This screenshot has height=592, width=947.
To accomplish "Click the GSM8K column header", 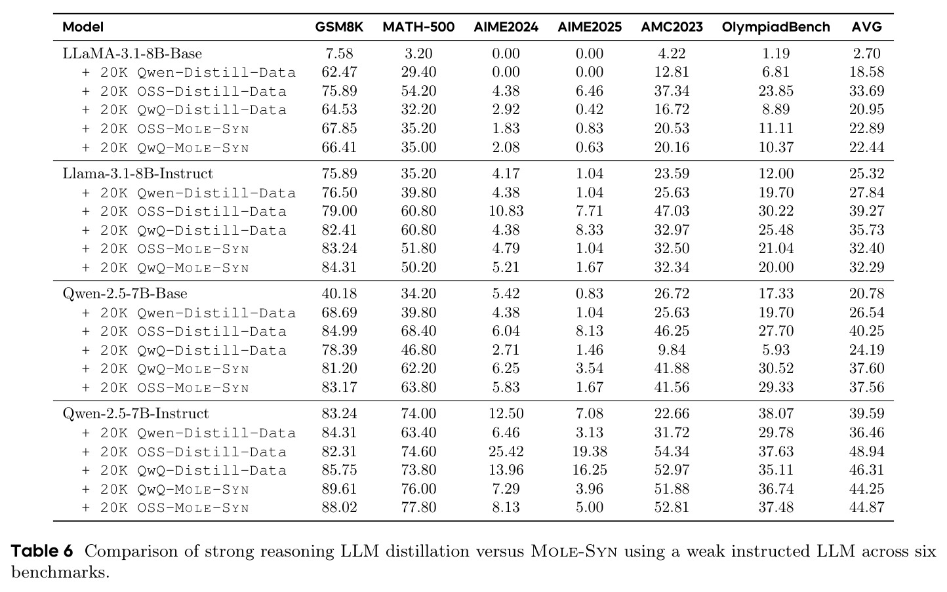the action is click(339, 27).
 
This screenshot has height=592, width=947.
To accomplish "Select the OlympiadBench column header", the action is click(776, 27).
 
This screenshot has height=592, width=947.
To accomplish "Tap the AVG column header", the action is click(867, 27).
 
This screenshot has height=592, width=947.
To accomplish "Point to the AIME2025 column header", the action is click(590, 27).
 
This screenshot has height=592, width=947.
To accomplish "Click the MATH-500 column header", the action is click(418, 27).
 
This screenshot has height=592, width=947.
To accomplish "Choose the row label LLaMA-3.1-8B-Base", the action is click(132, 54).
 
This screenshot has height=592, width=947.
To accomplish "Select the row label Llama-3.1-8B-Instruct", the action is click(138, 174).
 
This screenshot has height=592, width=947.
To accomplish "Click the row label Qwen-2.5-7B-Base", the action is click(125, 294).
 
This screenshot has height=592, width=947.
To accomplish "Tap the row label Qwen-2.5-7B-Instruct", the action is click(136, 414).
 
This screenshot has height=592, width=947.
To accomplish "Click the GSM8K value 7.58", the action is click(339, 54).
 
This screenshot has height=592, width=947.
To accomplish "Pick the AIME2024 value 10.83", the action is click(506, 211).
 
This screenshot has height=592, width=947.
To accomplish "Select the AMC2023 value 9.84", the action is click(672, 350).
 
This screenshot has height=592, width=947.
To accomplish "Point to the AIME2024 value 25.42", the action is click(506, 451).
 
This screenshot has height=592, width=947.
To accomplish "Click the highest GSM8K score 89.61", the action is click(339, 489).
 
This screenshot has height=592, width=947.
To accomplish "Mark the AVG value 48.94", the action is click(867, 451).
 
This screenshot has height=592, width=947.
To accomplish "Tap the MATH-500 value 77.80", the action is click(418, 507).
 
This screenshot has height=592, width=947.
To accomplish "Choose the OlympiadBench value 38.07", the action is click(776, 414).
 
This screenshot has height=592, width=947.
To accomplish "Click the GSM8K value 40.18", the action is click(339, 294).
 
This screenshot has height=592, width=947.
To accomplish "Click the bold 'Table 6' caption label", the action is click(42, 551).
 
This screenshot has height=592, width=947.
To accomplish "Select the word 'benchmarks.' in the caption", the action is click(60, 572).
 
